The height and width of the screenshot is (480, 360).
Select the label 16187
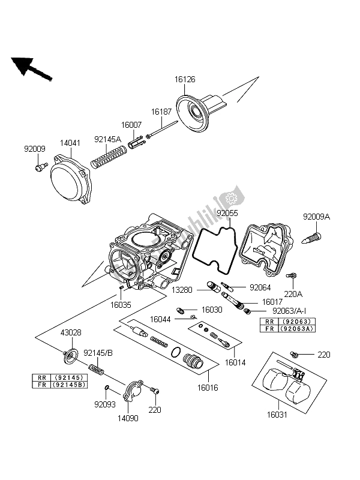160,112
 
